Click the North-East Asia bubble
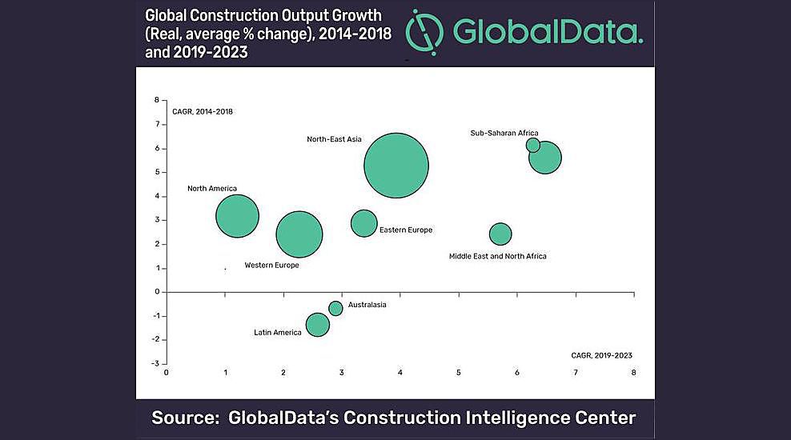(396, 166)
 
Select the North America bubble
(237, 216)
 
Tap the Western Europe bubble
(299, 234)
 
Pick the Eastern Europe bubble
(363, 223)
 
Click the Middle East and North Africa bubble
(500, 234)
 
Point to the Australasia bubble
(335, 308)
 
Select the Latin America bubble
(318, 324)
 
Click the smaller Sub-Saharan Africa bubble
(532, 145)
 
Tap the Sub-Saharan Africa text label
(504, 133)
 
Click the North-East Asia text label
(334, 139)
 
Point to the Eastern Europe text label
(405, 230)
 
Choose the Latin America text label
(277, 332)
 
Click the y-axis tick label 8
(158, 101)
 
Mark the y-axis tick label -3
(156, 363)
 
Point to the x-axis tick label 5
(459, 373)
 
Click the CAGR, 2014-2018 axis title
(202, 111)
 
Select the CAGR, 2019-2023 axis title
(601, 354)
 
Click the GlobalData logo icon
(424, 31)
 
